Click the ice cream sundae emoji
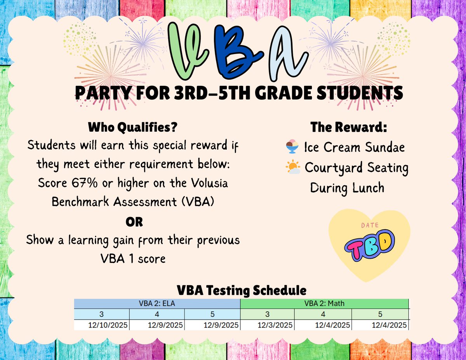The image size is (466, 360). click(292, 148)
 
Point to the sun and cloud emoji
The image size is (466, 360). click(293, 168)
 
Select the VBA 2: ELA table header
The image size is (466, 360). click(157, 304)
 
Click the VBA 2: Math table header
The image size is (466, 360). click(324, 304)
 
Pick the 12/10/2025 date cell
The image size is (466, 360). click(102, 325)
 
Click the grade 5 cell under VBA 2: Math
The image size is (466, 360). click(380, 314)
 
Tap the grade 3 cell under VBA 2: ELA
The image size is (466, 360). click(101, 314)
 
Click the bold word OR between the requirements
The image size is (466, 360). click(134, 222)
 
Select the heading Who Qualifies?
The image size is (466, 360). click(134, 127)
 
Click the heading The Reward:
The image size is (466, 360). click(349, 127)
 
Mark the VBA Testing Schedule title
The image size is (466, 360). click(242, 290)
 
